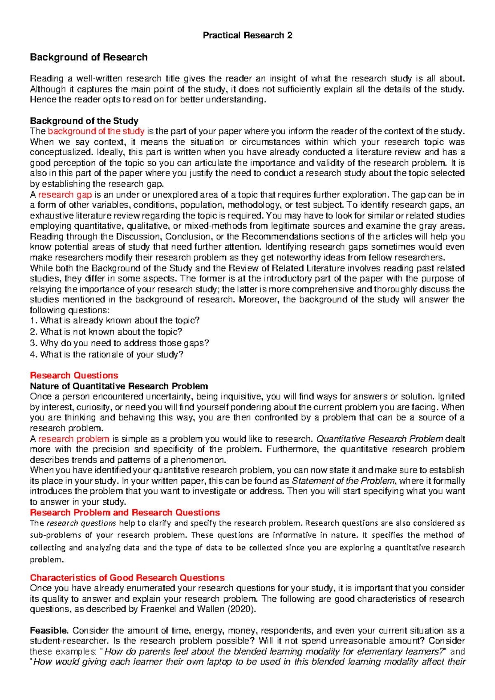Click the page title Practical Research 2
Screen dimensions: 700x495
coord(247,35)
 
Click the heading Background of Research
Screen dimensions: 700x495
coord(89,57)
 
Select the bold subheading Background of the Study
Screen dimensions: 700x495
coord(84,121)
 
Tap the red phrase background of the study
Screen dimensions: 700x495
coord(96,131)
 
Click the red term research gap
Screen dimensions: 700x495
coord(65,194)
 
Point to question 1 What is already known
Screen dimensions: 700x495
coord(115,320)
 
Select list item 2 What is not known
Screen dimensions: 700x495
coord(106,331)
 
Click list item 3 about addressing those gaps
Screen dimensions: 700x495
coord(120,343)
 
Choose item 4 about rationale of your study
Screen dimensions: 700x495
coord(107,354)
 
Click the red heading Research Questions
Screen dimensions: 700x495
coord(74,375)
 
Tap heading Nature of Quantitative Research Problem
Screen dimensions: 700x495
coord(119,386)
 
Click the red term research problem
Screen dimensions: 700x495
coord(74,439)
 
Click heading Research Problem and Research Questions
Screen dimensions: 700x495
coord(125,512)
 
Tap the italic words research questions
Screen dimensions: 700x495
coord(81,523)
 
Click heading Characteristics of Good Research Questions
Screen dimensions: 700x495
coord(127,577)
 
